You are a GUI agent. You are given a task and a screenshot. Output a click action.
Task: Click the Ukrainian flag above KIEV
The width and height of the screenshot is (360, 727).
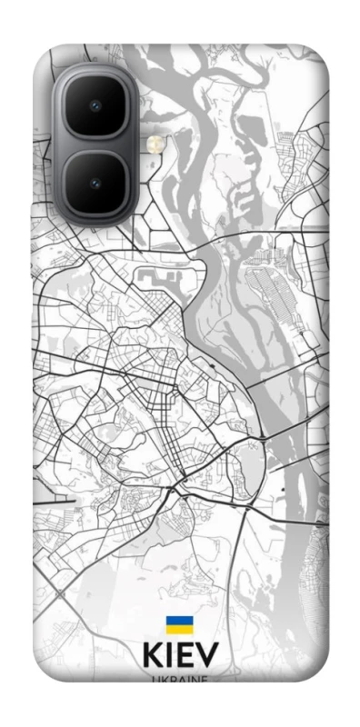[x=179, y=625]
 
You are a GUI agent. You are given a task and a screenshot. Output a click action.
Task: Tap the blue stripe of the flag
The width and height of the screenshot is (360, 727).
[x=179, y=621]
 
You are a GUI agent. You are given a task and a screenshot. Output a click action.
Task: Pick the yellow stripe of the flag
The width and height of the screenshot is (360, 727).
[x=179, y=630]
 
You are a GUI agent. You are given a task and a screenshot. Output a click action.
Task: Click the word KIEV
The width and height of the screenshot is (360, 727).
[x=180, y=657]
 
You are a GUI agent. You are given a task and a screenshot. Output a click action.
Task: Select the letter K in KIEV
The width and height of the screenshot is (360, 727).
[x=153, y=657]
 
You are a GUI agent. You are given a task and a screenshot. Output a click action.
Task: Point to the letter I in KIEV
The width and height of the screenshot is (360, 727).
[x=172, y=657]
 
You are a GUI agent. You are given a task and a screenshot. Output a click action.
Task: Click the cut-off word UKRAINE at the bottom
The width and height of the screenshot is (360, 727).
[x=180, y=678]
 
